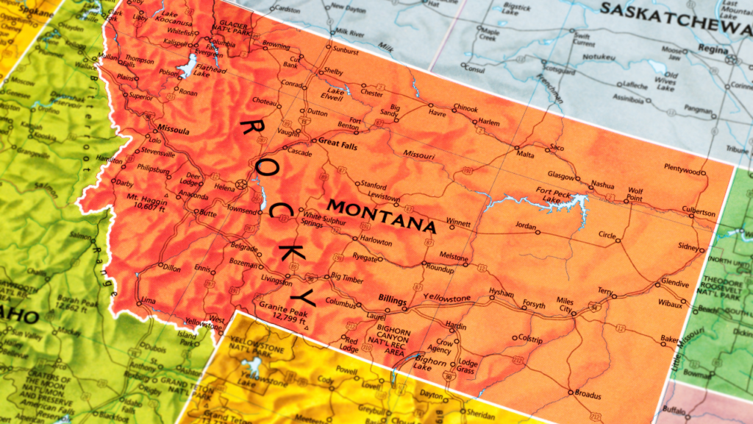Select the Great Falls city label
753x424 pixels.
338,144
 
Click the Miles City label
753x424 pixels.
565,305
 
